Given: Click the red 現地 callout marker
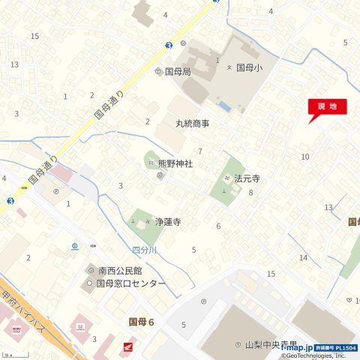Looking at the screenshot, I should pyautogui.click(x=327, y=107).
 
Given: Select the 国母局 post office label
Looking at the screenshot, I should pyautogui.click(x=178, y=72).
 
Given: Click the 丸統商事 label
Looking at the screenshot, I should pyautogui.click(x=193, y=123).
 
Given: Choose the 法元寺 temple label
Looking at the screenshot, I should pyautogui.click(x=247, y=179).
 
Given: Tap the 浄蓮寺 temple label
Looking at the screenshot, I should pyautogui.click(x=168, y=222).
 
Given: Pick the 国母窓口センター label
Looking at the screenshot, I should pyautogui.click(x=130, y=283).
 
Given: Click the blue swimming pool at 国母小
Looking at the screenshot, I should pyautogui.click(x=224, y=104).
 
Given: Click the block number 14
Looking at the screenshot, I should pyautogui.click(x=303, y=258).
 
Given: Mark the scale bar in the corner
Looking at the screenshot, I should pyautogui.click(x=9, y=354).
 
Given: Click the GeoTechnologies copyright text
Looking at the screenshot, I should pyautogui.click(x=314, y=356).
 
